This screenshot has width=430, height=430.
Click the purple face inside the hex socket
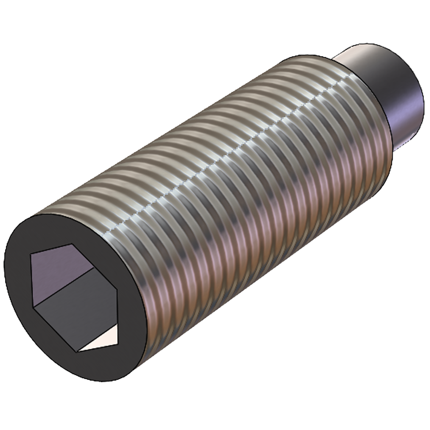pyautogui.click(x=62, y=272)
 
